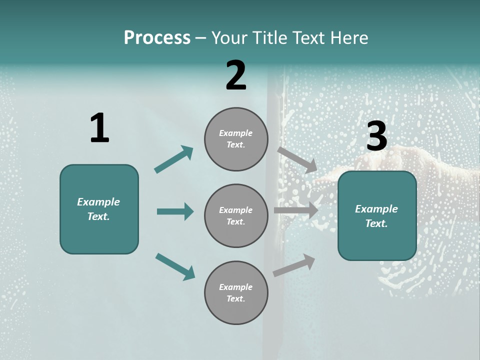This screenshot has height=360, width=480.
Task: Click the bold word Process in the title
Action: coord(157,38)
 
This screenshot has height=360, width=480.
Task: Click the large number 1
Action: coord(99,128)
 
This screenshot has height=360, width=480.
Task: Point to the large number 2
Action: coord(236,75)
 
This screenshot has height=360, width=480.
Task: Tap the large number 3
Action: coord(376,136)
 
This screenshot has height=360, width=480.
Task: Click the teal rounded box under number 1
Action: coord(99,209)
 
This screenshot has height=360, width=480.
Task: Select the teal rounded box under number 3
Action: coord(377,216)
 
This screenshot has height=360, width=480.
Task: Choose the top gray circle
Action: coord(236,139)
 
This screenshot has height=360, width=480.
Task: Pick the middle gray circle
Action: coord(236,216)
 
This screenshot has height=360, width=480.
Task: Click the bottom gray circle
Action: coord(236,293)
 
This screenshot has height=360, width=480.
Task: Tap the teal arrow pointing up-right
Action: coord(174,159)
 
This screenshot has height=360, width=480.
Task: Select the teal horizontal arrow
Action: coord(175,211)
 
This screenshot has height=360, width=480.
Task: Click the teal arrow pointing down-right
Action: coord(175,266)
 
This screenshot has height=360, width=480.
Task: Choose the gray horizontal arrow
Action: coord(296,210)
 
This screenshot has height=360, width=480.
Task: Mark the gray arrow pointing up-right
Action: coord(294,265)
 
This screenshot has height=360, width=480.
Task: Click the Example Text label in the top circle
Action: coord(236,139)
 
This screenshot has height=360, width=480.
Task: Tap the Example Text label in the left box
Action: coord(98,209)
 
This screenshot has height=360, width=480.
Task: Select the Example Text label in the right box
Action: coord(376,216)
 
